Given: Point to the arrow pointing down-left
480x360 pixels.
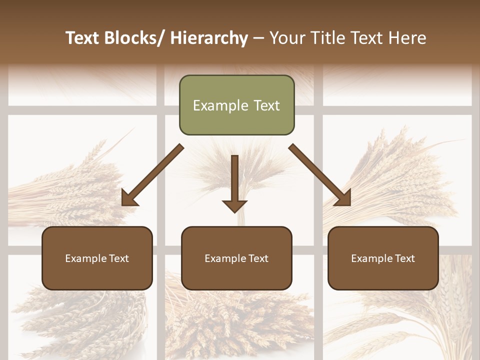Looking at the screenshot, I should pyautogui.click(x=152, y=175).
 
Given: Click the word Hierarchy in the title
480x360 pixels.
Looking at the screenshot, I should pyautogui.click(x=209, y=38).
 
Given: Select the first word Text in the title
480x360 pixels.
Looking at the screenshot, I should pyautogui.click(x=82, y=38).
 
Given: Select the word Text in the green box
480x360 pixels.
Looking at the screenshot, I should pyautogui.click(x=266, y=105).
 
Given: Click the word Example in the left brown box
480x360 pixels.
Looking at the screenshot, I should pyautogui.click(x=86, y=258).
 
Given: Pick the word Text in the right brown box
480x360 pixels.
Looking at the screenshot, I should pyautogui.click(x=404, y=258).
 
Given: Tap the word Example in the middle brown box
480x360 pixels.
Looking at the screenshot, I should pyautogui.click(x=225, y=258).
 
